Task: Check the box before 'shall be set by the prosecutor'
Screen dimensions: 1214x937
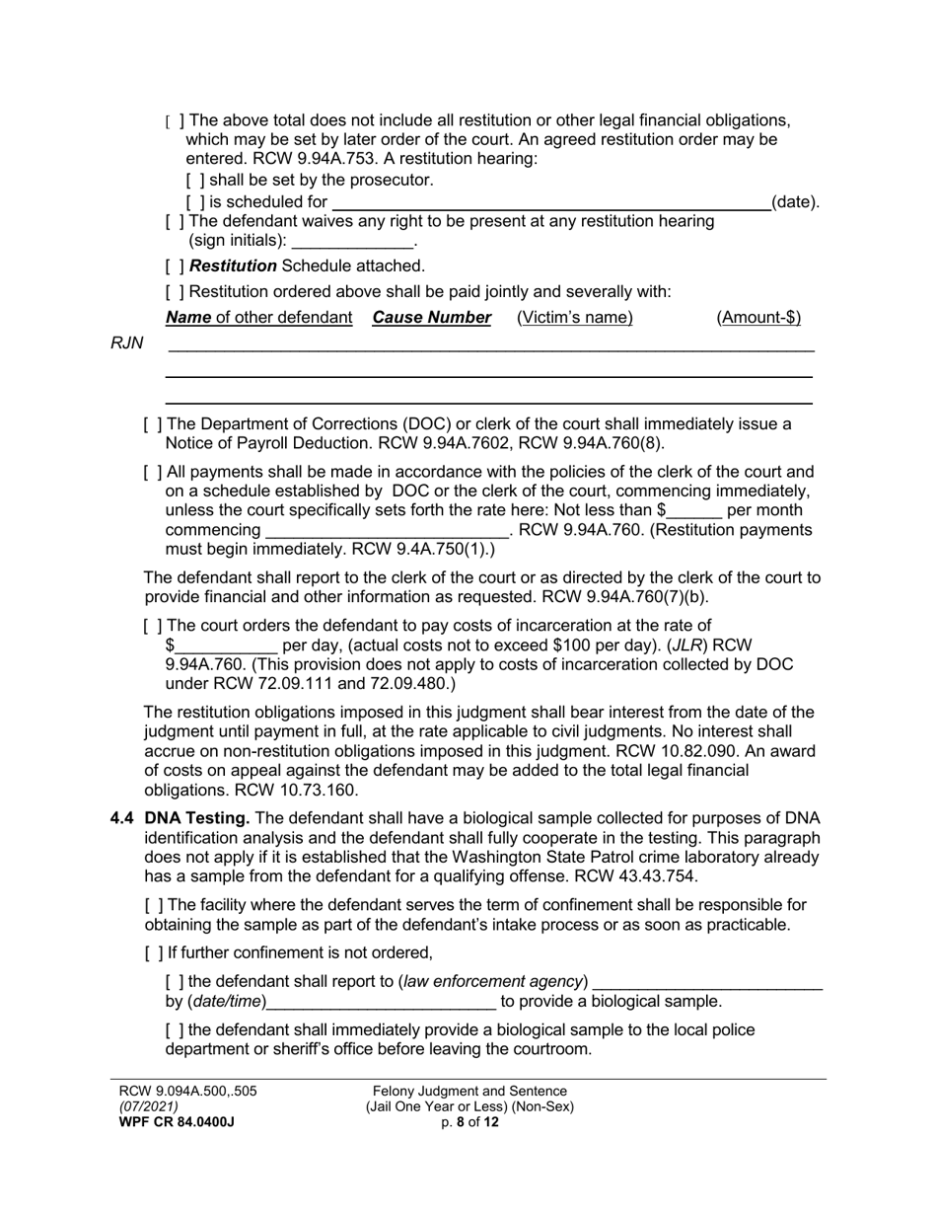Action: pos(195,181)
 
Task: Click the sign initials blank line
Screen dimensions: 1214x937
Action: pos(353,243)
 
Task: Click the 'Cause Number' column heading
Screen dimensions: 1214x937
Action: pos(431,318)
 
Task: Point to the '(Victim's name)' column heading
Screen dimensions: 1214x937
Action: pos(574,318)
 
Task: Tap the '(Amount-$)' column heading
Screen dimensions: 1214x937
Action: pos(757,318)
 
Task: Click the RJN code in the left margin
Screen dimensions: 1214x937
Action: pos(127,343)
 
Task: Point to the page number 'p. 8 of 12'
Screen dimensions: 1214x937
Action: pos(469,1122)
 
